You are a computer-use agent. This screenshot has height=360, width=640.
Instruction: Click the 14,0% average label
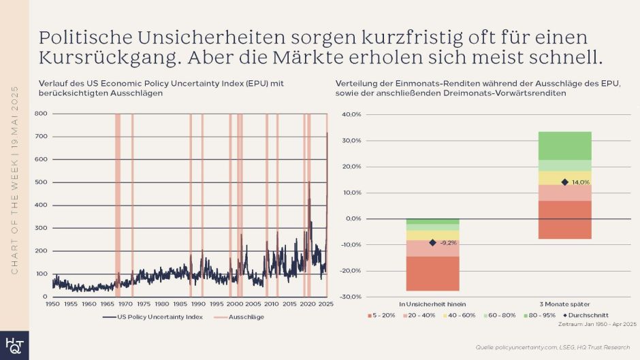[580, 182]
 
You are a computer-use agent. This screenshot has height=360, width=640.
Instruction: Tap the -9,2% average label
[448, 242]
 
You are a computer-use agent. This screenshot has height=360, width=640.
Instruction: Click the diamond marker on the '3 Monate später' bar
[564, 182]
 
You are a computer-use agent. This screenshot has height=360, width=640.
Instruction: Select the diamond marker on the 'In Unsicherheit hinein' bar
[432, 242]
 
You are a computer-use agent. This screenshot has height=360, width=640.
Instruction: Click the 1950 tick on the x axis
[52, 304]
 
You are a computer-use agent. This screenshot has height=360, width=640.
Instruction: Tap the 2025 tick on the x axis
[326, 304]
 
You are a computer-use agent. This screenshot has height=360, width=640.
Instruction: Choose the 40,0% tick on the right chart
[351, 114]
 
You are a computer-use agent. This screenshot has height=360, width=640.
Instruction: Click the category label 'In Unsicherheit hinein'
[432, 304]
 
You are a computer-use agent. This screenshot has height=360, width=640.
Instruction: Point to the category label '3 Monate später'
[564, 304]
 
